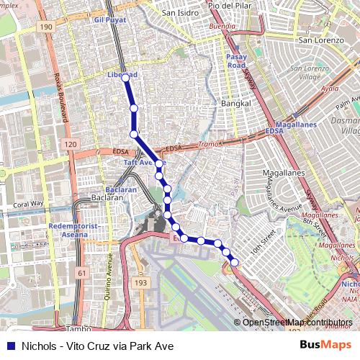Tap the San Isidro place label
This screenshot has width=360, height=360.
tap(179, 12)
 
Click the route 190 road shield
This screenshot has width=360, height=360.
tap(47, 27)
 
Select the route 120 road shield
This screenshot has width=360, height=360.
tap(70, 145)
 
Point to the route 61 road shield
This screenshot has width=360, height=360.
tap(82, 273)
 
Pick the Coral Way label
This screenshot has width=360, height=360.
tap(28, 204)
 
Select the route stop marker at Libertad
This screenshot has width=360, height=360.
tap(125, 77)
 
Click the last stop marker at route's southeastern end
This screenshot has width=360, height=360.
tap(234, 262)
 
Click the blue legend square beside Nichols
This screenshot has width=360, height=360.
tap(10, 346)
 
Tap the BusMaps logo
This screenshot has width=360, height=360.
tap(326, 345)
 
